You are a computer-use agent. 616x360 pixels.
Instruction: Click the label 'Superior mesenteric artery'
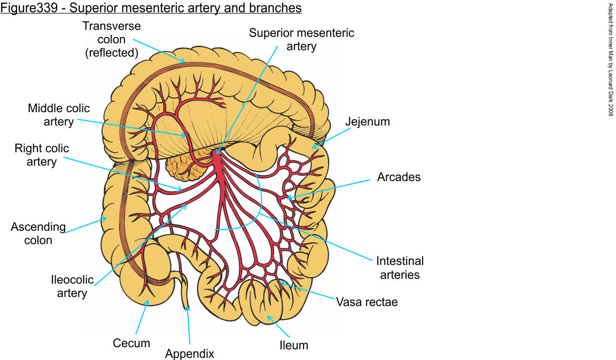point(301,40)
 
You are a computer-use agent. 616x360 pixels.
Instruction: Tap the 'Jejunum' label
point(367,122)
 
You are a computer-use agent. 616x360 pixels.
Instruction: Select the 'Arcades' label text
point(399,177)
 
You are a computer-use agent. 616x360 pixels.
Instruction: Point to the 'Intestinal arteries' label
point(400,268)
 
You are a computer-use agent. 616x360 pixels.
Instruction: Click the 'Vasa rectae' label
point(367,302)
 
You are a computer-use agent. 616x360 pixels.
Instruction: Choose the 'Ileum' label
point(294,345)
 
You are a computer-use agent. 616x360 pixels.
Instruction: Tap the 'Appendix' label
point(189,354)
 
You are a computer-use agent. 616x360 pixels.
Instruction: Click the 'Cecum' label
point(131,343)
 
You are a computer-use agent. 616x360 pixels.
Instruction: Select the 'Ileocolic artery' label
point(72,286)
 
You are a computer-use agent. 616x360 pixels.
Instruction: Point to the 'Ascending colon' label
point(38,233)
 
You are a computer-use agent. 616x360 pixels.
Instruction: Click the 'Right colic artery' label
point(42,154)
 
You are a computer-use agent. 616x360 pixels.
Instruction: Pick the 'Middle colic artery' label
point(59,115)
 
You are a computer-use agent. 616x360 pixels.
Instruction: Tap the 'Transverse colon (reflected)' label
point(111,40)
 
